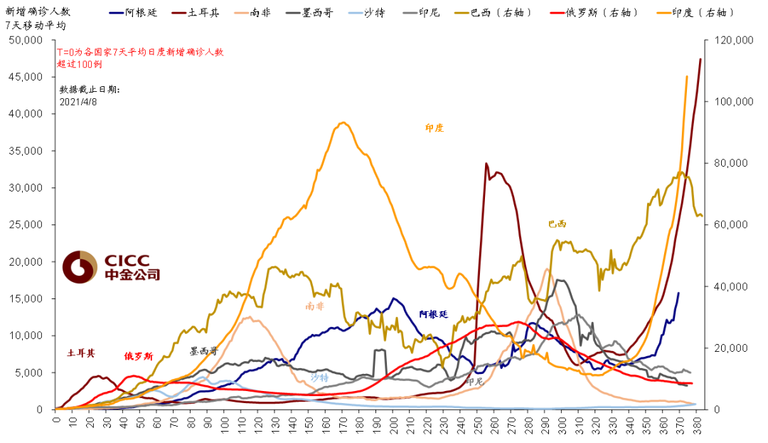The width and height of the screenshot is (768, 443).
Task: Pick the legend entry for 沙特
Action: tap(374, 13)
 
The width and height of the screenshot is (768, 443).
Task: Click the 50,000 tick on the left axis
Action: tap(27, 41)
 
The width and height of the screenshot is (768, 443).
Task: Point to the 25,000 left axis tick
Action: tap(27, 225)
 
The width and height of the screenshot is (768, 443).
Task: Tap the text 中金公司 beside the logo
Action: tap(132, 275)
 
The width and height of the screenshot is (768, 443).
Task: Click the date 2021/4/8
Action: tap(78, 102)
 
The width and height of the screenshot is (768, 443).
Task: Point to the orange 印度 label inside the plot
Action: tap(434, 128)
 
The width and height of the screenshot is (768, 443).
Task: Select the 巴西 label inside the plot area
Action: tap(558, 224)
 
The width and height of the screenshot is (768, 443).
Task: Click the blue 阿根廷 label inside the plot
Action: tap(433, 314)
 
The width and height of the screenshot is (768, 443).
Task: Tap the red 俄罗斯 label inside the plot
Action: tap(138, 356)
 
